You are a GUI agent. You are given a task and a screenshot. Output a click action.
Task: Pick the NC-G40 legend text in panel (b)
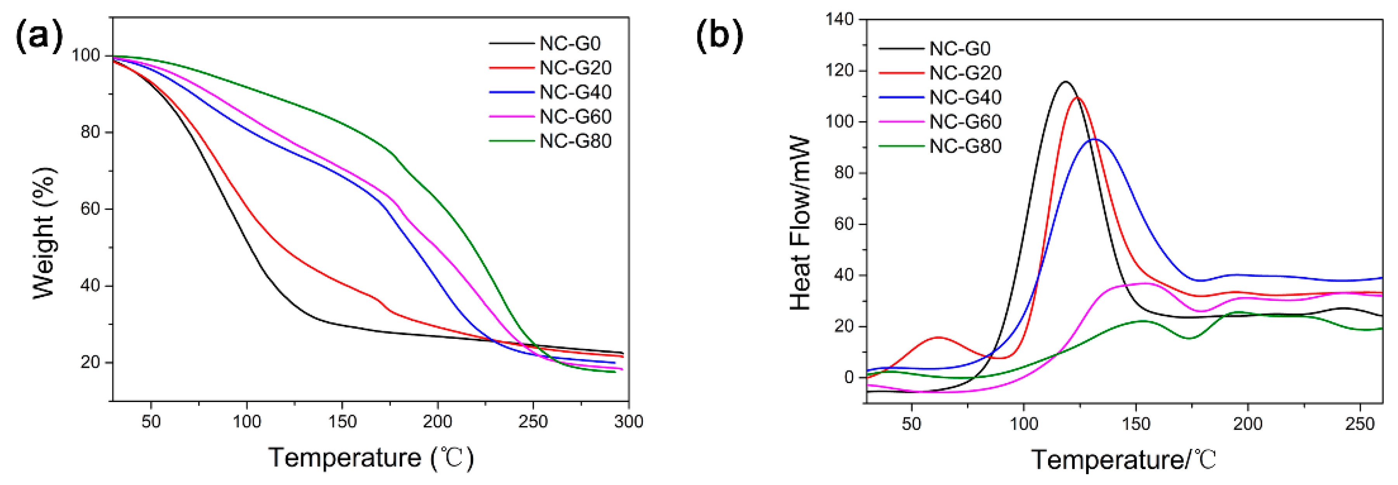click(x=965, y=98)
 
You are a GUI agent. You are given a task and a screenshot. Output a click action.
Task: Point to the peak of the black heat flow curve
click(x=1065, y=82)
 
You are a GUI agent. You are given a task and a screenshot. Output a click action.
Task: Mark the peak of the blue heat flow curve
click(x=1095, y=140)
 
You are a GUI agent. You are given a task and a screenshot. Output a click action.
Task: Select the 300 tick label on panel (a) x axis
click(x=628, y=421)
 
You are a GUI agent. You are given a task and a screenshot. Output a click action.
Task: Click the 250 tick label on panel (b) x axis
click(x=1360, y=424)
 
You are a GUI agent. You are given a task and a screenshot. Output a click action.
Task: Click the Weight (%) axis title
click(x=45, y=233)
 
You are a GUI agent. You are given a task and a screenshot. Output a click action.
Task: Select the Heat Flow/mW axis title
click(x=799, y=224)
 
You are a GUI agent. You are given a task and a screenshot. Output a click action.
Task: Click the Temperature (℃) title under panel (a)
click(x=371, y=457)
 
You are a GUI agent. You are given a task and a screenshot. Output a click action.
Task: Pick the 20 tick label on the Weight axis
click(x=90, y=362)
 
